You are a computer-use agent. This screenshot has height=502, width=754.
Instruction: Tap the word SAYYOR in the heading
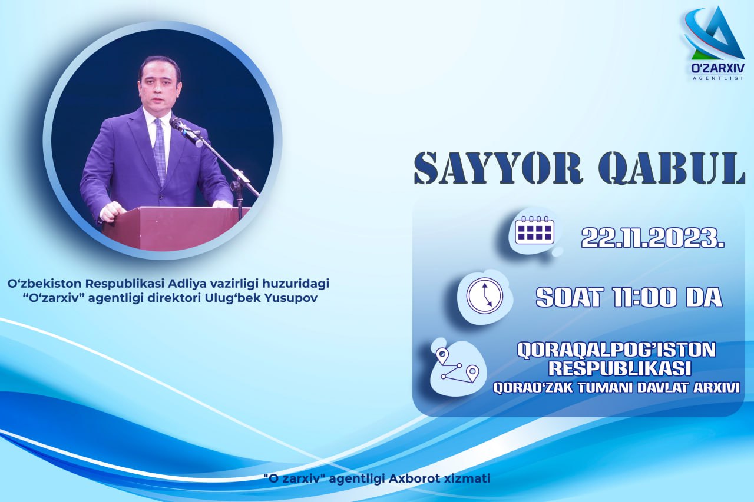click(498, 168)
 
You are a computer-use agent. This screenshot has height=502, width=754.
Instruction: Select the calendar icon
click(534, 230)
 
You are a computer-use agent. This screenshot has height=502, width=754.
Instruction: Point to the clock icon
click(485, 295)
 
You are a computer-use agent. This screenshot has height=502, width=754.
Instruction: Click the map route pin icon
click(457, 365)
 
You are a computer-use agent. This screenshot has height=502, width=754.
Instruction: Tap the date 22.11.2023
click(653, 237)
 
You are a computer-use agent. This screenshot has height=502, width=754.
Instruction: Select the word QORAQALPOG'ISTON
click(616, 350)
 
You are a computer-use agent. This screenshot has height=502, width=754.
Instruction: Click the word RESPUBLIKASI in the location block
click(620, 368)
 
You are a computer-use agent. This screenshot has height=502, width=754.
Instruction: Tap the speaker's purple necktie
click(159, 152)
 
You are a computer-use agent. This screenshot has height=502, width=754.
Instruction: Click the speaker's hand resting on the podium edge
click(113, 212)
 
